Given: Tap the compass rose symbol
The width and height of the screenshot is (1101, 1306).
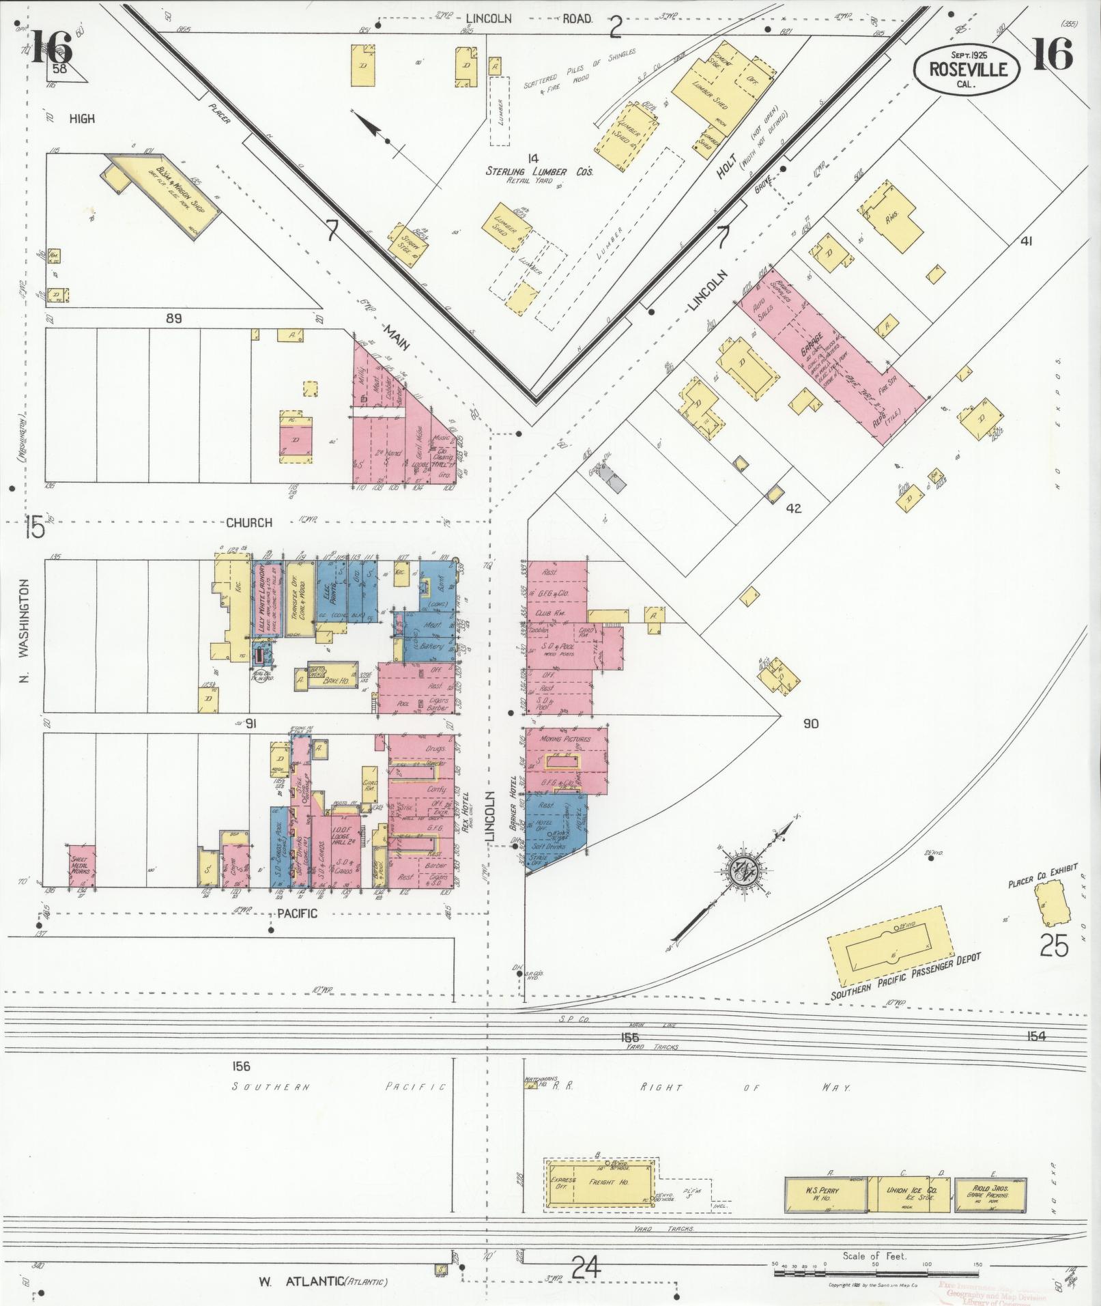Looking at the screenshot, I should (x=740, y=872).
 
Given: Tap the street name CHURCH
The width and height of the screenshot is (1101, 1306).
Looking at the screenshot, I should (x=250, y=523).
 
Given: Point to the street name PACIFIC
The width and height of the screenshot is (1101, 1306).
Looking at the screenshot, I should (x=298, y=913).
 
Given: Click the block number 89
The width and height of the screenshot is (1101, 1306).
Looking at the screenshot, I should (x=175, y=318).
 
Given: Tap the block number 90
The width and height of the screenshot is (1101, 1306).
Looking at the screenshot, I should (x=811, y=724).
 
